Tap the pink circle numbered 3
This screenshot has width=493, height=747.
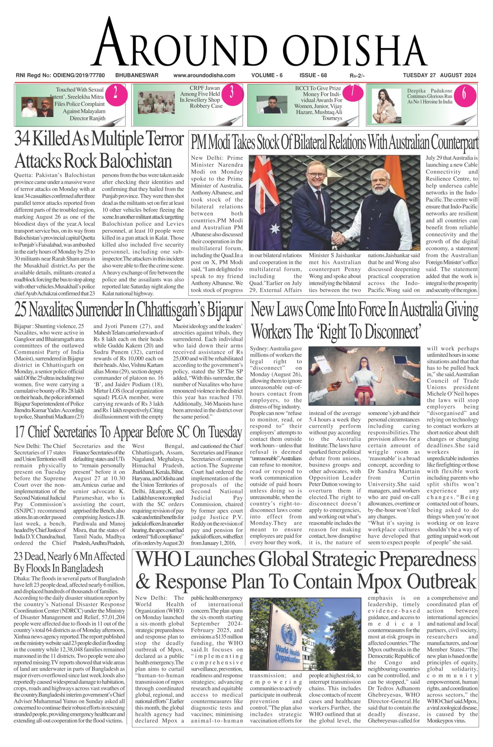[232, 93]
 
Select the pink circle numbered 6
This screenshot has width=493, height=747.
[464, 94]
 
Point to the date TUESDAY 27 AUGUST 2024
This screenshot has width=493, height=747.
[439, 76]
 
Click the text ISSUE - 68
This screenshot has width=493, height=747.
[313, 76]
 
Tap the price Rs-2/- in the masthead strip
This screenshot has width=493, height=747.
[357, 76]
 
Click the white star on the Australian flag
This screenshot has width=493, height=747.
[275, 229]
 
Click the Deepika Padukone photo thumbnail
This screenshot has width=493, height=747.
[387, 106]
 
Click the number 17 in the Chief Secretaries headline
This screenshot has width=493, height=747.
[20, 433]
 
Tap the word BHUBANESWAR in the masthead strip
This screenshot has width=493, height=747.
[137, 76]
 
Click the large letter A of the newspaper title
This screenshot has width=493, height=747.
[113, 43]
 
